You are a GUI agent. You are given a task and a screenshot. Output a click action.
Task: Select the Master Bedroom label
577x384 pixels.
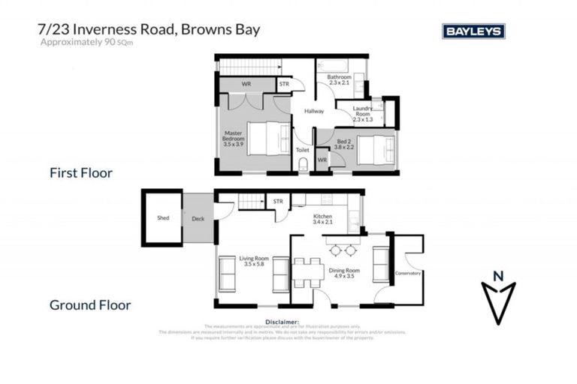coord(234,139)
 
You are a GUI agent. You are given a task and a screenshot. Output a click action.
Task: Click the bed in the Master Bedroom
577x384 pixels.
coord(267,138)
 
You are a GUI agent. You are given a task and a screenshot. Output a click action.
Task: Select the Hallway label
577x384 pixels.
coord(313,112)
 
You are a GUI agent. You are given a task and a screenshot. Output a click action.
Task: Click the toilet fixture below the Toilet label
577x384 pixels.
coord(303,166)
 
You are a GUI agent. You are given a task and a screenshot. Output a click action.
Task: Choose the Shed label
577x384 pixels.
coord(163,218)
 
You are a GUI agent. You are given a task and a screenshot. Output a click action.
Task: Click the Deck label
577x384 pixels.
coord(198,218)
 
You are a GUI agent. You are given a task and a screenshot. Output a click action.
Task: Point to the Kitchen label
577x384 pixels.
coord(323,219)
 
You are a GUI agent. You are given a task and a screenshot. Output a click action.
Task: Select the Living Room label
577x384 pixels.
coord(254,262)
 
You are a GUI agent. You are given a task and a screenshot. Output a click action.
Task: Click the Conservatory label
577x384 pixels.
coord(408,273)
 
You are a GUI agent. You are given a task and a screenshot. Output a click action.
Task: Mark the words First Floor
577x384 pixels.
coord(80,173)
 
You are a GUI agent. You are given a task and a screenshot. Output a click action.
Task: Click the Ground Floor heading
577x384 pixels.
coord(89,305)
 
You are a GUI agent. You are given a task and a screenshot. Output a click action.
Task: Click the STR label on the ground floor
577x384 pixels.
coord(278,201)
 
